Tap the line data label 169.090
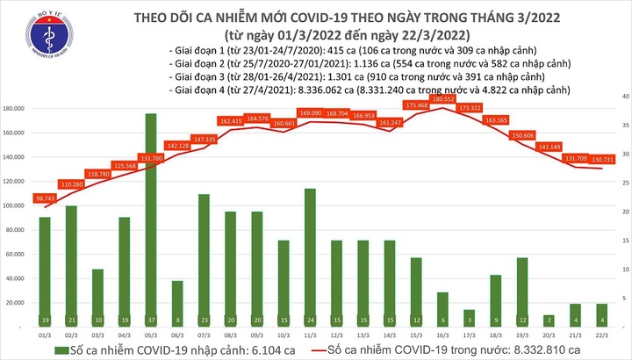pos(284,112)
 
